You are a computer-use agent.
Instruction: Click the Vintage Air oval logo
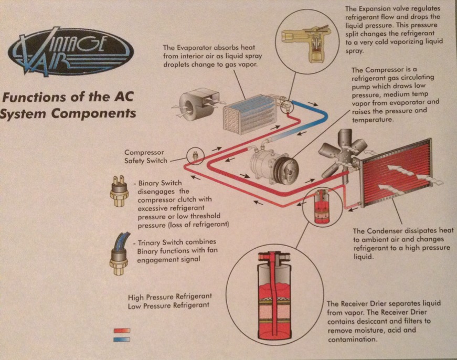point(71,51)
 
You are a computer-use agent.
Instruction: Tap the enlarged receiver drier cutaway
point(274,295)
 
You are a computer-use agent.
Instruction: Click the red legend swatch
point(122,331)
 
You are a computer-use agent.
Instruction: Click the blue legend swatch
point(122,339)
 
